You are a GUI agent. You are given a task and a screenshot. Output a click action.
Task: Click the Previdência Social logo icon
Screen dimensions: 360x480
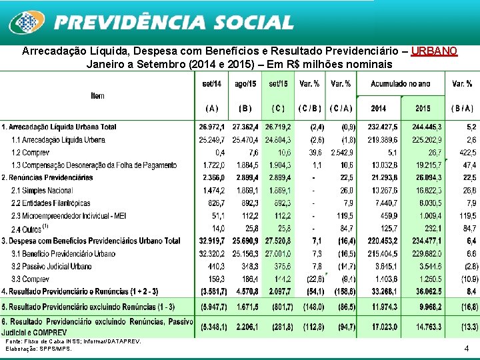pos(27,23)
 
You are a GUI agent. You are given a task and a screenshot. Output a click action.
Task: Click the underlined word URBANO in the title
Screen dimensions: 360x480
pos(434,51)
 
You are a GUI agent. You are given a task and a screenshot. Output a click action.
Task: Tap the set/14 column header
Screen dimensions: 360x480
pos(213,83)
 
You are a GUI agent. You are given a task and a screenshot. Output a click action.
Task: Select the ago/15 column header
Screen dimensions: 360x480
pos(245,83)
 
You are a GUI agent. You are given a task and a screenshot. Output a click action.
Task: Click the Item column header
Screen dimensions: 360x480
pos(97,96)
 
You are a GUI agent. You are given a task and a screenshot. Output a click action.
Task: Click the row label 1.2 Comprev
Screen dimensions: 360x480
pos(31,152)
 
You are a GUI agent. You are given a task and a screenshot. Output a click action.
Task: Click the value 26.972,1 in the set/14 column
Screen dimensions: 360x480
pos(212,127)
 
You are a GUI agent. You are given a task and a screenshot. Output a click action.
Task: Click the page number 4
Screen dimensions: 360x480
pos(467,348)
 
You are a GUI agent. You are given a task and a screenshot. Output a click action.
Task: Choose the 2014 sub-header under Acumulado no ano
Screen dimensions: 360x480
pos(378,108)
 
